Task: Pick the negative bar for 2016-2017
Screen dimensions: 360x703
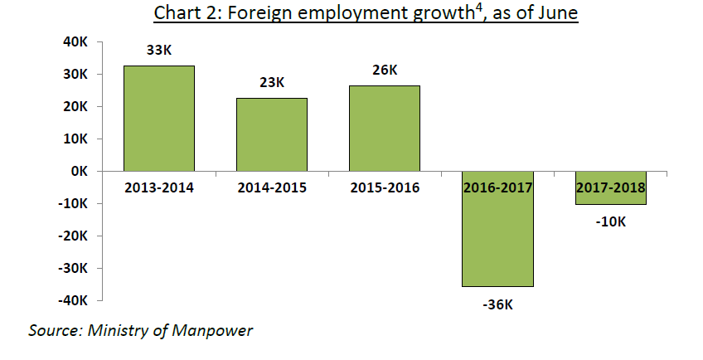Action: coord(497,241)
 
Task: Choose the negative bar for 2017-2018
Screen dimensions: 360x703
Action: coord(610,196)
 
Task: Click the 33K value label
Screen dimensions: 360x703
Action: coord(158,51)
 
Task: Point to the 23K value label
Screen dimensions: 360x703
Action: coord(271,83)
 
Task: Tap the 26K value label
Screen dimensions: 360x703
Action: coord(384,71)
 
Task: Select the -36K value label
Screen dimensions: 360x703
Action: coord(497,304)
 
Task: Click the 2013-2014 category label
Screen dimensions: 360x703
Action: coord(158,187)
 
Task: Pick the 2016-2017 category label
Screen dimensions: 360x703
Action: coord(497,187)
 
